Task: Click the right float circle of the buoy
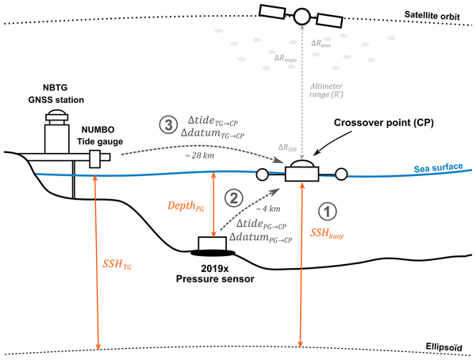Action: [343, 174]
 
